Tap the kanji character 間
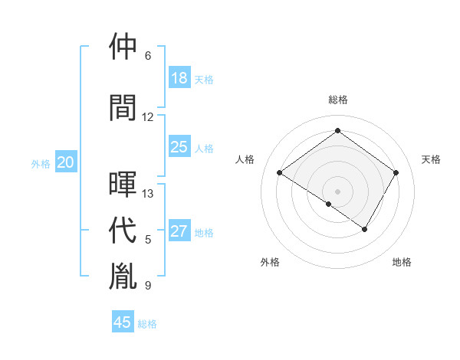123,107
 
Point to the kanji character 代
123,231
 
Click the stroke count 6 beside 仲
148,56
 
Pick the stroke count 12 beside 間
148,117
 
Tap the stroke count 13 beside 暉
148,194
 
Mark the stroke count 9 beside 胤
148,286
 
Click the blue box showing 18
179,78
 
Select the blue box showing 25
179,147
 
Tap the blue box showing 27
179,231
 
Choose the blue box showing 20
66,162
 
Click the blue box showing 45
123,322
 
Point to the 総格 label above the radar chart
337,100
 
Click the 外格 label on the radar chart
270,262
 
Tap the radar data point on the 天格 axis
396,172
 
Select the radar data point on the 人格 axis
280,172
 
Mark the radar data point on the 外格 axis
329,204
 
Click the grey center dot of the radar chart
337,191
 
